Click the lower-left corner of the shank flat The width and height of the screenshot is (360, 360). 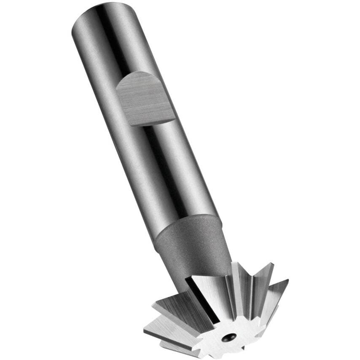pyautogui.click(x=129, y=125)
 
